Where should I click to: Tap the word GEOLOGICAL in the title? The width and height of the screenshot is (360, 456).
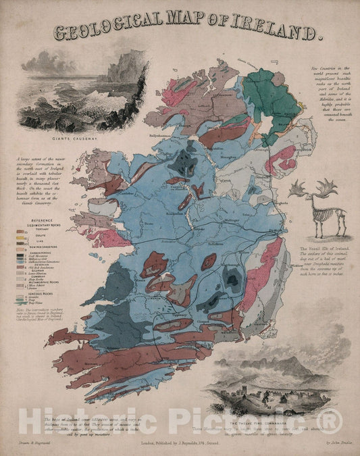[115, 32]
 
